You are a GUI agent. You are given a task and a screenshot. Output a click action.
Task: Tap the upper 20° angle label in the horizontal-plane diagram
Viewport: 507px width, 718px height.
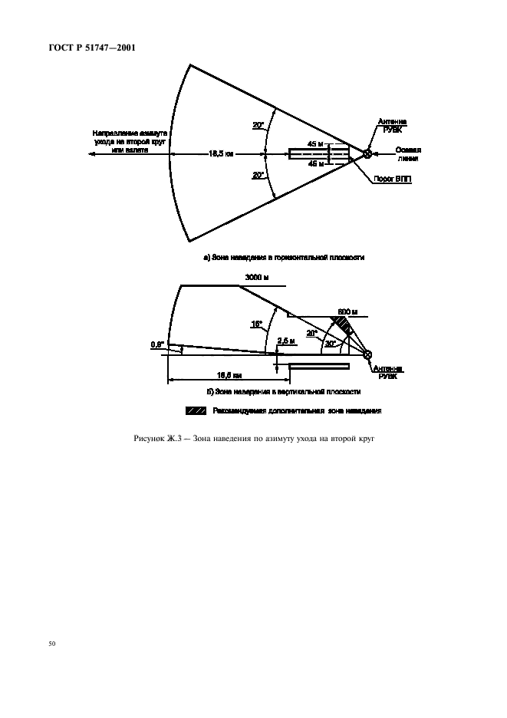pyautogui.click(x=258, y=125)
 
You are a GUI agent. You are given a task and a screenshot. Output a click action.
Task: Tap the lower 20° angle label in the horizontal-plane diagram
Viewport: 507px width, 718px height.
pyautogui.click(x=258, y=175)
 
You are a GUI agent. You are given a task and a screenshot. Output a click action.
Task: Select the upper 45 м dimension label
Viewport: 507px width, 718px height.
pyautogui.click(x=314, y=144)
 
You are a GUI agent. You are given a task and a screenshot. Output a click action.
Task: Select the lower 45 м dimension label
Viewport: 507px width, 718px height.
pyautogui.click(x=314, y=163)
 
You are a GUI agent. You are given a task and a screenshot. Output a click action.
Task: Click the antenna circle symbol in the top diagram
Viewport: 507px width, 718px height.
pyautogui.click(x=367, y=153)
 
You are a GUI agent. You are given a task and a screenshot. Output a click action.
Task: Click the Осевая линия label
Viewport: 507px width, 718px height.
pyautogui.click(x=408, y=153)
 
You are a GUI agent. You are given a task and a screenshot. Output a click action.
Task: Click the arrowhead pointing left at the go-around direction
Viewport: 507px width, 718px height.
pyautogui.click(x=91, y=153)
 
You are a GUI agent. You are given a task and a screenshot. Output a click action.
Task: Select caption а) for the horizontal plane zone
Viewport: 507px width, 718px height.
pyautogui.click(x=283, y=258)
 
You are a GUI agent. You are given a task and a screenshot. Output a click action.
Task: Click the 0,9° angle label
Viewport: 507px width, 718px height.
pyautogui.click(x=157, y=344)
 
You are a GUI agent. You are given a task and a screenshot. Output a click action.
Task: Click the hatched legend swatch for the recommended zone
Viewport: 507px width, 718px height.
pyautogui.click(x=196, y=411)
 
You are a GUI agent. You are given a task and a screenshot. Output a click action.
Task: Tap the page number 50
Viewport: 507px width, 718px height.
pyautogui.click(x=51, y=643)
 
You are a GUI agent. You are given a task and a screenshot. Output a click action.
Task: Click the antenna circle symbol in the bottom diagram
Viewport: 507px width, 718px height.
pyautogui.click(x=367, y=354)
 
